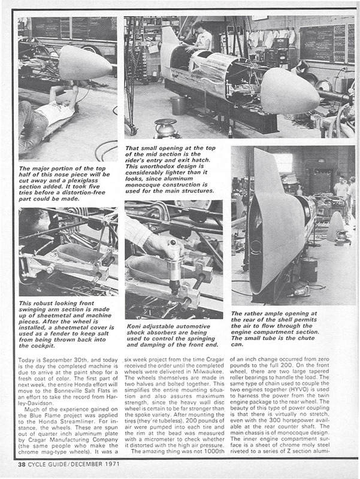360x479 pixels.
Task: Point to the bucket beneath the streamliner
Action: [178, 105]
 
